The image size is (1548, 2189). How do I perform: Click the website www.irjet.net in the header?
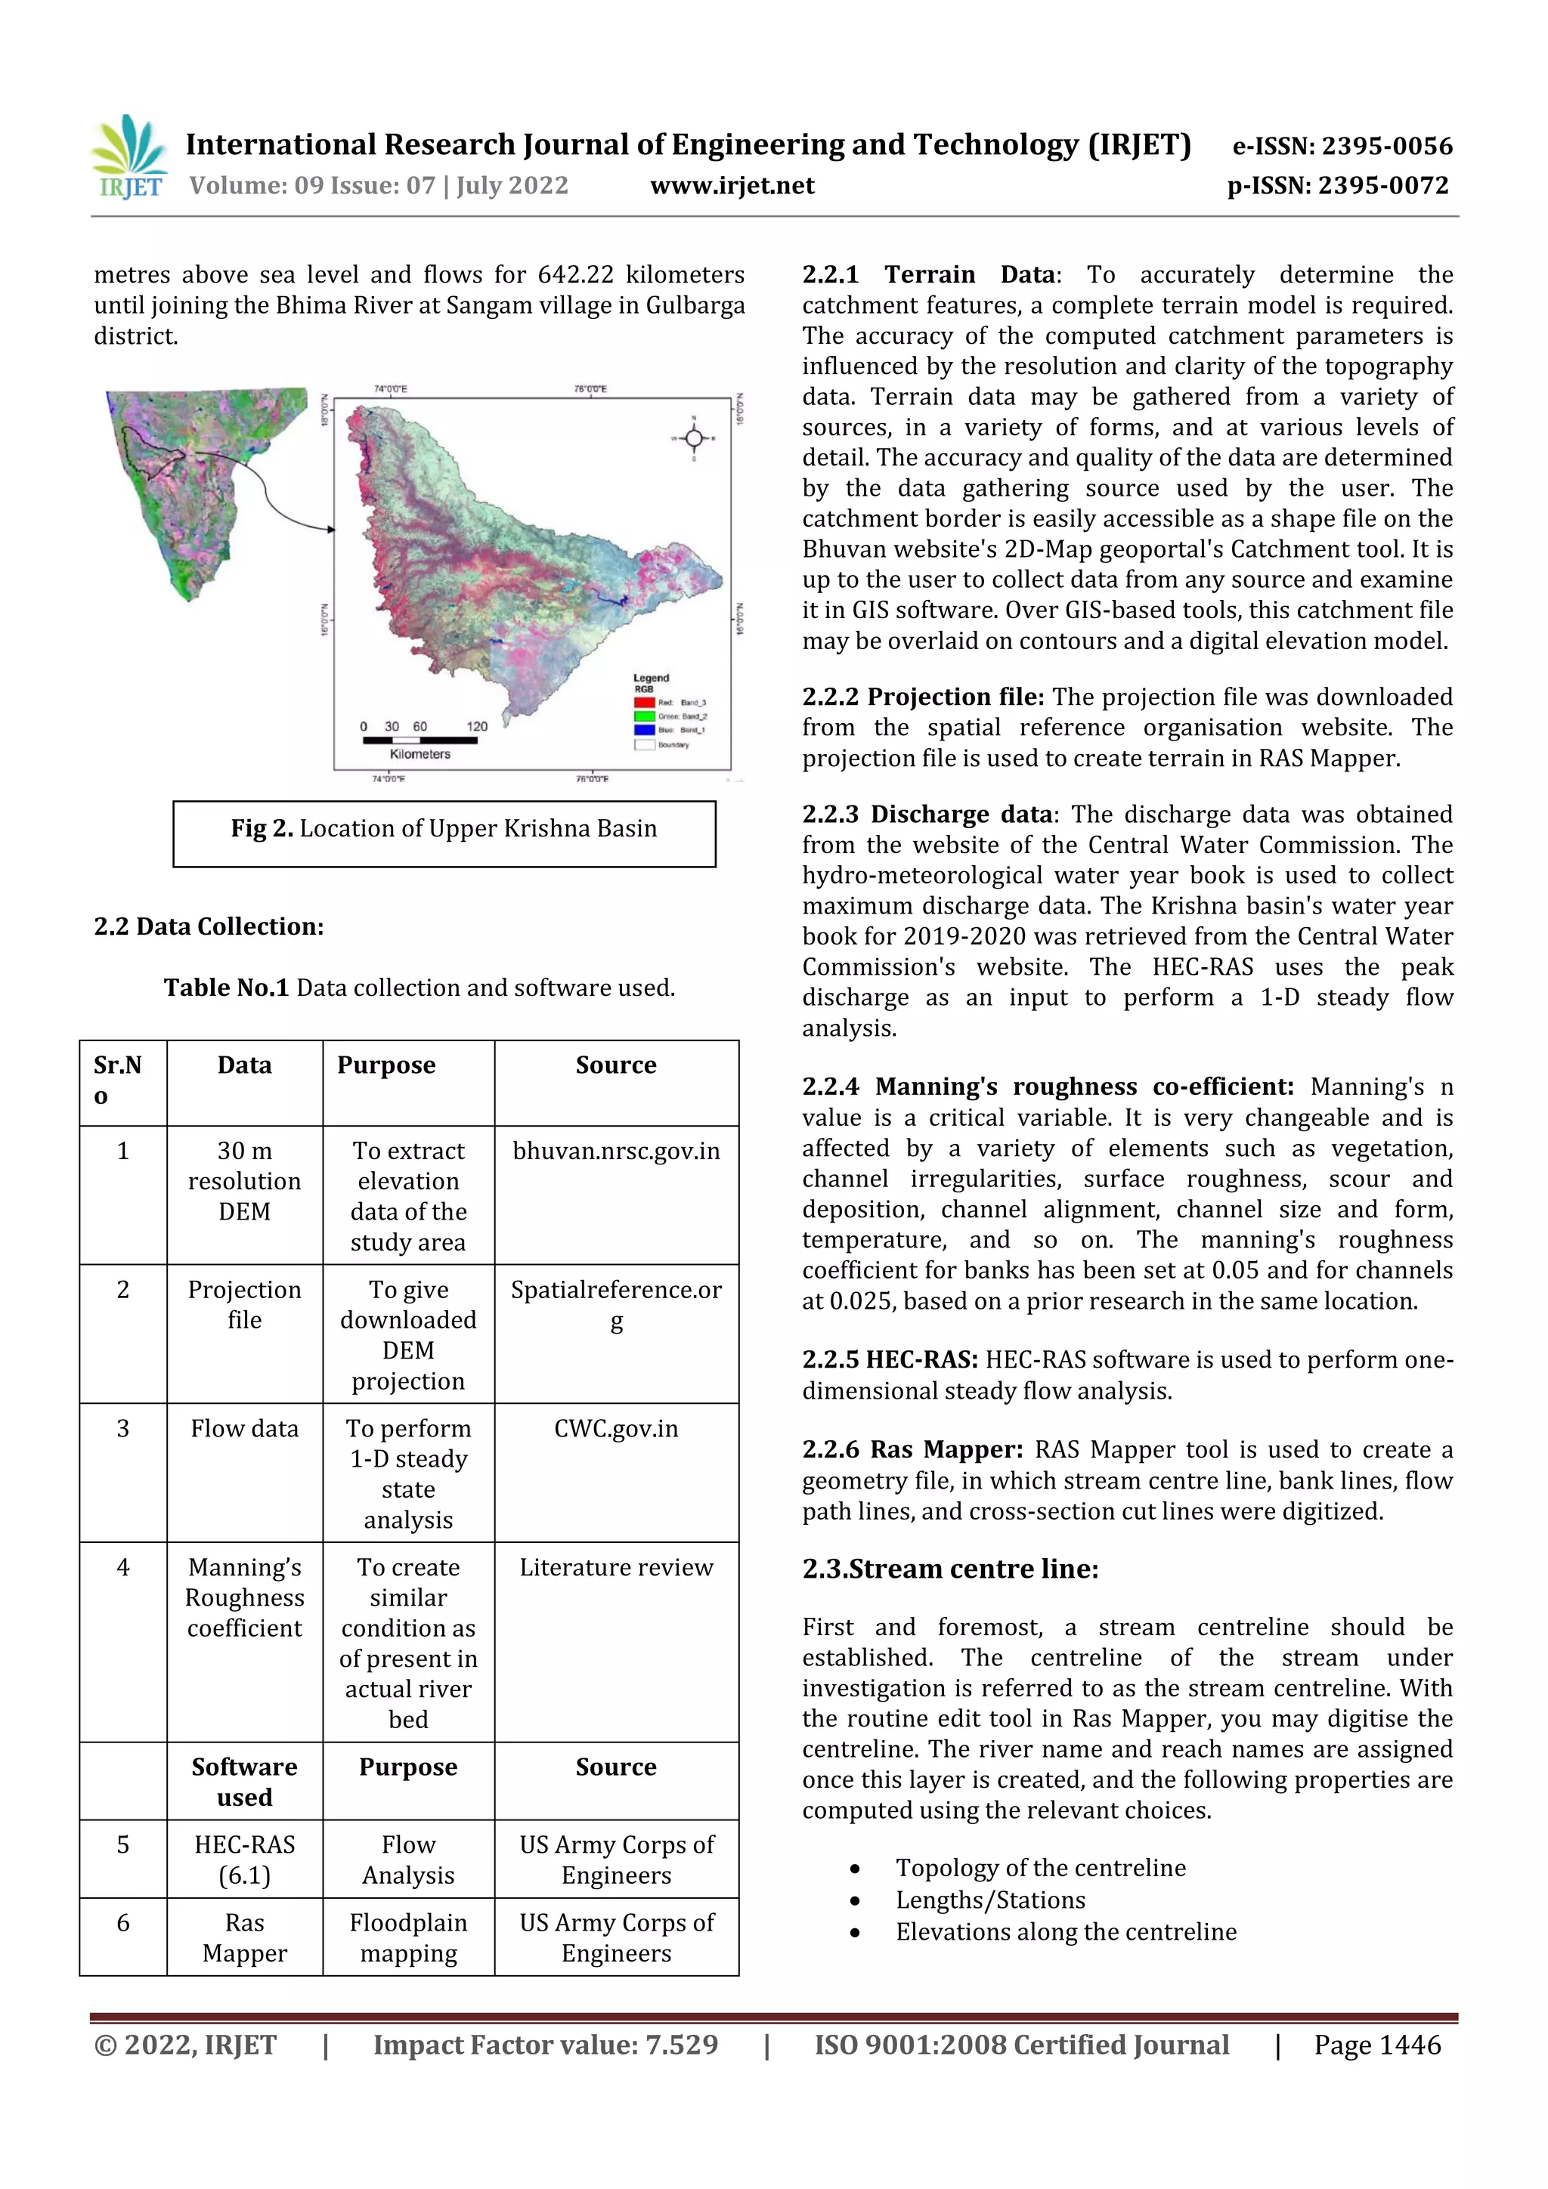pyautogui.click(x=732, y=185)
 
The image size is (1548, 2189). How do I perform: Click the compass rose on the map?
pyautogui.click(x=693, y=437)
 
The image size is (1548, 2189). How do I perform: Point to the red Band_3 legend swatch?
pyautogui.click(x=645, y=703)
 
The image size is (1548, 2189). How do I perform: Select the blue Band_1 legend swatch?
pyautogui.click(x=645, y=729)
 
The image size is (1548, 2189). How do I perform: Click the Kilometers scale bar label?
pyautogui.click(x=420, y=754)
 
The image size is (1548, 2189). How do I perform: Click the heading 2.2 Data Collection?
pyautogui.click(x=209, y=926)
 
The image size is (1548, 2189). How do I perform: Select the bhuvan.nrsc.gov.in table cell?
pyautogui.click(x=616, y=1151)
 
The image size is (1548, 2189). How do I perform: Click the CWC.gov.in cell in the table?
pyautogui.click(x=616, y=1428)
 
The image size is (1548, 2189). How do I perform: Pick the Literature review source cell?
pyautogui.click(x=616, y=1567)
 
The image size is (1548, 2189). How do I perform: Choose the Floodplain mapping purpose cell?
pyautogui.click(x=408, y=1937)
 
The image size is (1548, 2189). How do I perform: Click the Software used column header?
pyautogui.click(x=244, y=1781)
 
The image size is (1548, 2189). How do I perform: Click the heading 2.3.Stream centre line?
pyautogui.click(x=950, y=1569)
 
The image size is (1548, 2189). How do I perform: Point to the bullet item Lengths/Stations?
pyautogui.click(x=990, y=1900)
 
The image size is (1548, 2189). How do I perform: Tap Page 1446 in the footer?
pyautogui.click(x=1376, y=2045)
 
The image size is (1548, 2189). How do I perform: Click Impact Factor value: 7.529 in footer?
pyautogui.click(x=545, y=2045)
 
